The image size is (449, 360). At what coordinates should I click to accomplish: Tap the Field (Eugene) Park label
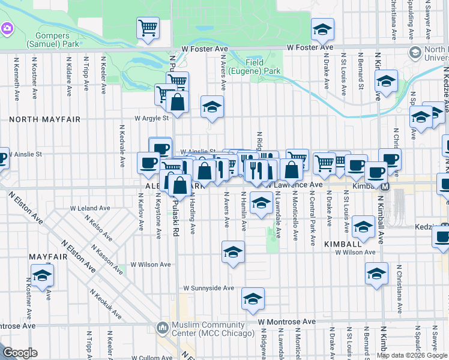click(x=263, y=67)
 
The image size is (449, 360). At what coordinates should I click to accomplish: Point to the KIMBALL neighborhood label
click(x=342, y=244)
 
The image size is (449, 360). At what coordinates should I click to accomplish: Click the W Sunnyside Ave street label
click(x=208, y=288)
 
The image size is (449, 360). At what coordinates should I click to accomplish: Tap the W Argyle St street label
click(x=151, y=118)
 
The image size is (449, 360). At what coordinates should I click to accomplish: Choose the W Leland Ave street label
click(x=90, y=208)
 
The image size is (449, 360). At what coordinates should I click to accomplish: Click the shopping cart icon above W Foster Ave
click(x=148, y=28)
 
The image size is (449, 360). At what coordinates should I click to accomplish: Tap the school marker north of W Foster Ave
click(x=322, y=29)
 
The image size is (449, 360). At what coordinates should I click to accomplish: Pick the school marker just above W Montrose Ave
click(x=253, y=298)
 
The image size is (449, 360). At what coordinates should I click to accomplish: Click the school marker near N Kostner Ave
click(x=43, y=276)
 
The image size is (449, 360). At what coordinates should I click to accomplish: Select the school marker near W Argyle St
click(x=211, y=107)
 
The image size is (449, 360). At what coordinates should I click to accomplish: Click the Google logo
click(x=20, y=353)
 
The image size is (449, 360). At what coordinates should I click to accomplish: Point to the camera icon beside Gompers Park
click(x=7, y=28)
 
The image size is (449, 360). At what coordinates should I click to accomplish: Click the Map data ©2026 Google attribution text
click(x=412, y=355)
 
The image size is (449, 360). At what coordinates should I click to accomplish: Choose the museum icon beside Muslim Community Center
click(x=161, y=328)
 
